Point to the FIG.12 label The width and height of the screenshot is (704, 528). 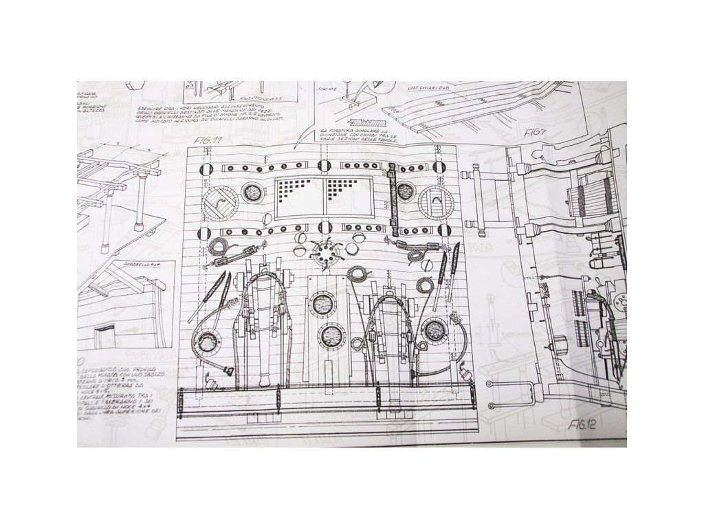pyautogui.click(x=581, y=424)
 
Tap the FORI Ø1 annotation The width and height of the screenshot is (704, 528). pyautogui.click(x=326, y=89)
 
